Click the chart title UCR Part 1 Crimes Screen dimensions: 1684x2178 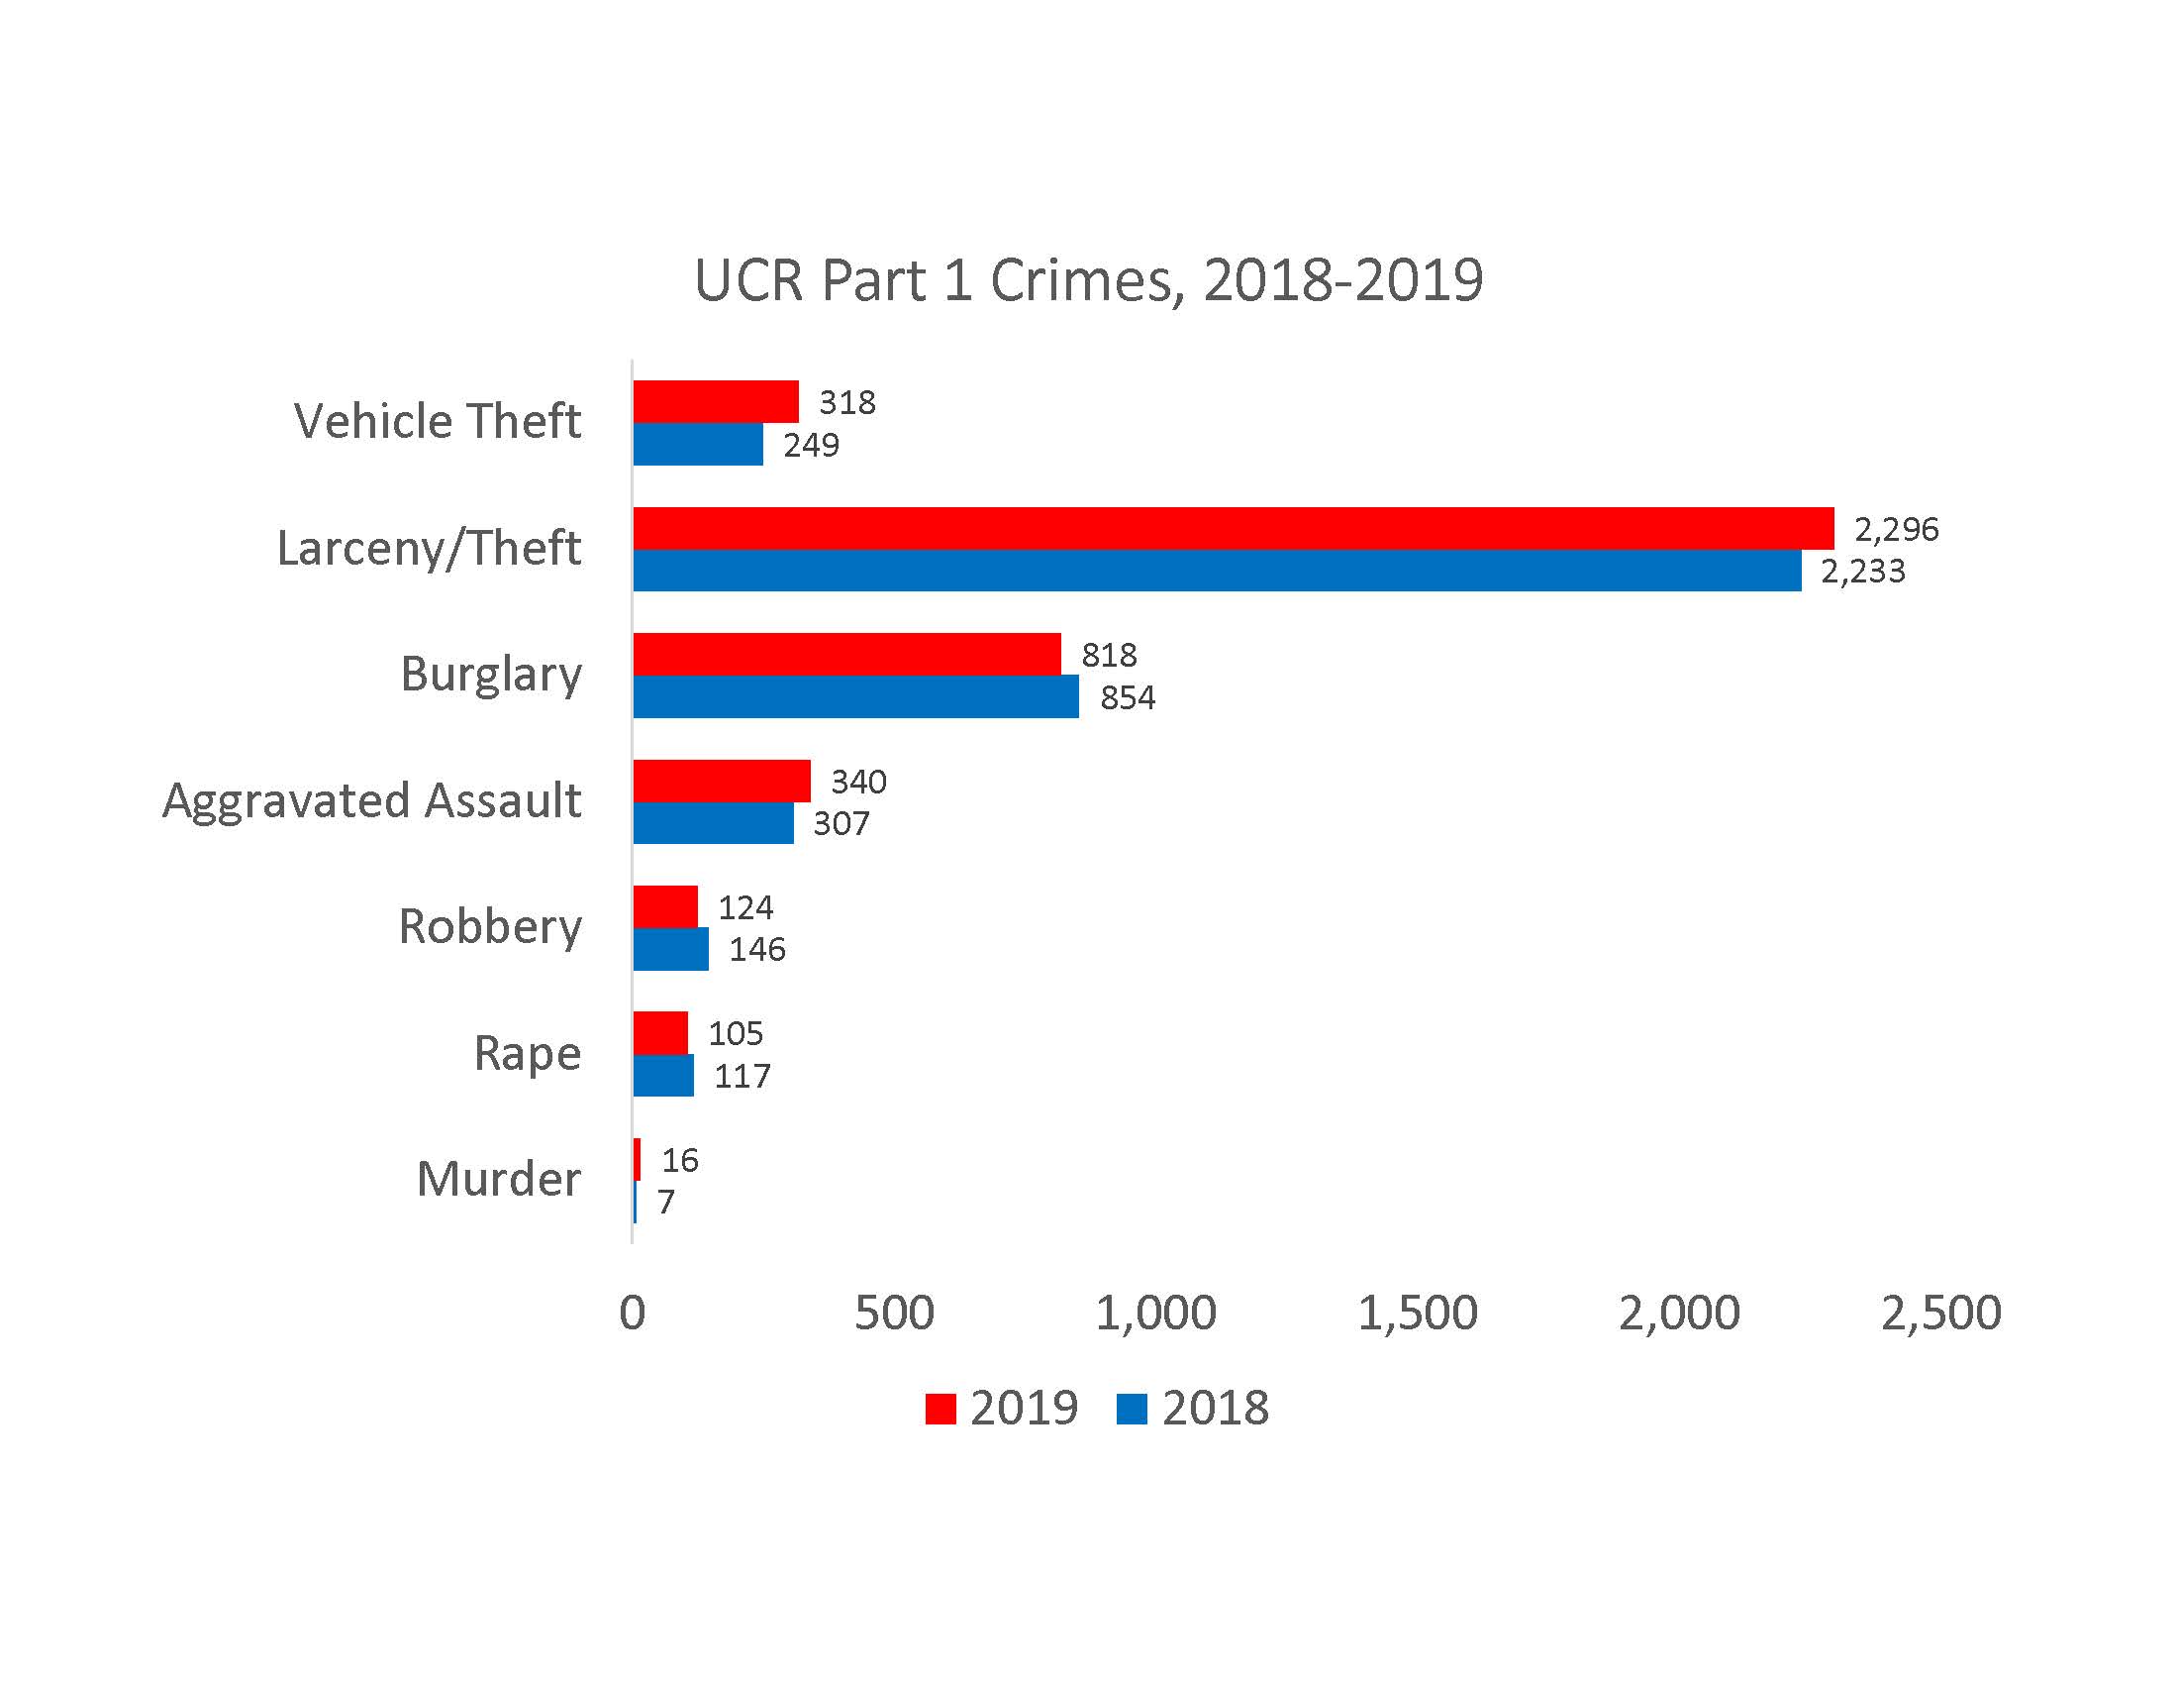(x=1088, y=280)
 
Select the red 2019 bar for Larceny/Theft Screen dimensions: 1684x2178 (x=1233, y=528)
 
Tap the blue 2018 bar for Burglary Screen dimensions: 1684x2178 (x=855, y=696)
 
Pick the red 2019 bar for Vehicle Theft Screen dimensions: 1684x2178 (x=715, y=401)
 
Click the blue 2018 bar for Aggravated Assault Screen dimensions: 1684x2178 (x=713, y=823)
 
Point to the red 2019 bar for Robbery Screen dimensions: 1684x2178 (x=665, y=906)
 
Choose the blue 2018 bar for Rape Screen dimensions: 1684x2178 (x=663, y=1076)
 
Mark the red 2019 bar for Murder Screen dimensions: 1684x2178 (x=637, y=1159)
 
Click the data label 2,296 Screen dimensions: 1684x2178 (x=1896, y=529)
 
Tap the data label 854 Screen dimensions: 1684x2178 (x=1127, y=697)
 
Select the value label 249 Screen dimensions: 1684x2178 (x=811, y=445)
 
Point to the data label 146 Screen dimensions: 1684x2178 (x=757, y=949)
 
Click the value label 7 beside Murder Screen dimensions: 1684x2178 (x=666, y=1203)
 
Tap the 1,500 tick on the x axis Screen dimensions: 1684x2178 (x=1417, y=1313)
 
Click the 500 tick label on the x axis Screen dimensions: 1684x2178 (x=894, y=1313)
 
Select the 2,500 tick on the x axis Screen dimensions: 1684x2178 (x=1940, y=1313)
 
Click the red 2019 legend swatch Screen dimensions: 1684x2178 (x=940, y=1409)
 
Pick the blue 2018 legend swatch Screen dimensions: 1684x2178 (x=1132, y=1409)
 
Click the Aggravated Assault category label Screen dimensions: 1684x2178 (x=372, y=801)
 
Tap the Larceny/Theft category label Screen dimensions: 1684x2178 (x=429, y=549)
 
